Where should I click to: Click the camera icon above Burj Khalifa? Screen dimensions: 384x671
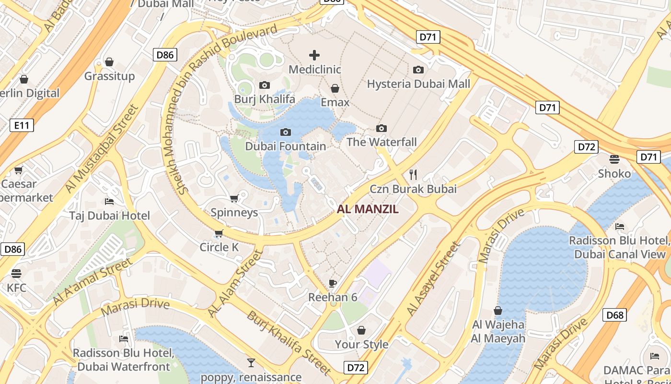(264, 85)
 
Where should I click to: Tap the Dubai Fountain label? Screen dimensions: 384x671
(286, 146)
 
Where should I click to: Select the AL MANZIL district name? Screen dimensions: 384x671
(368, 209)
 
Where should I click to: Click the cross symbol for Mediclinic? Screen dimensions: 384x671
(314, 55)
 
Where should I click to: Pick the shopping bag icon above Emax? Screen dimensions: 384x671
(335, 88)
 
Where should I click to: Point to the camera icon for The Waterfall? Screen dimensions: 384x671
(382, 128)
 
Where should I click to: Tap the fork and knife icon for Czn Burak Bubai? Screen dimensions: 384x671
(413, 174)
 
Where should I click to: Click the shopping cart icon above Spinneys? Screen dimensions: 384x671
(234, 198)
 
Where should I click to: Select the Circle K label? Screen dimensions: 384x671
(219, 247)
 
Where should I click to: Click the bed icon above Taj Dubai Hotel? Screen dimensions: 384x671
(109, 201)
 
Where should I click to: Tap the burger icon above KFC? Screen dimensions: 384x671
(16, 274)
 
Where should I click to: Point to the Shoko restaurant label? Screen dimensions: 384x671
(614, 173)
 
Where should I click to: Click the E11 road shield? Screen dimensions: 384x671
(22, 126)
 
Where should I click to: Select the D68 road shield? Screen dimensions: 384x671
(615, 315)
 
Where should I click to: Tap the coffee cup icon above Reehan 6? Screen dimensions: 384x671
(333, 283)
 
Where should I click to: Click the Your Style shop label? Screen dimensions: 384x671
(361, 344)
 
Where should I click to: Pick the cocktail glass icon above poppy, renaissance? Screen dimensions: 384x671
(251, 362)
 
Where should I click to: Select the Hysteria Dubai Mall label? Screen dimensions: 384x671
(418, 84)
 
